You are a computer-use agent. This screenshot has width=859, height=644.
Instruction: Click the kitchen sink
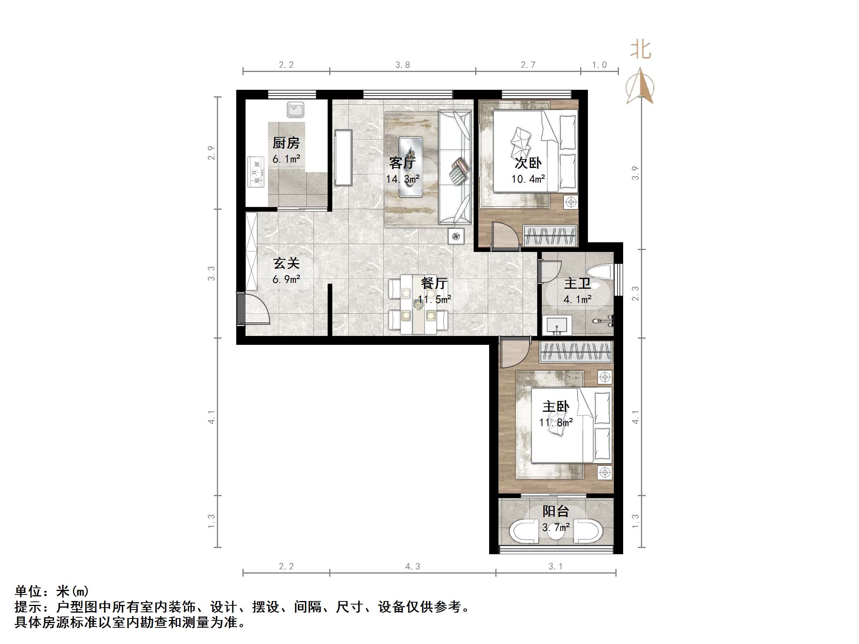[295, 110]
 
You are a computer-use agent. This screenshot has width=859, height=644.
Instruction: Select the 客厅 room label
[402, 163]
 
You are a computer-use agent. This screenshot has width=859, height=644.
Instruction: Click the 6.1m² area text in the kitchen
[286, 159]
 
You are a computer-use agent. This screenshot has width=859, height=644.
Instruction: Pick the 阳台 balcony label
[556, 511]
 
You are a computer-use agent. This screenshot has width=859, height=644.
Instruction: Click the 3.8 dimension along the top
[403, 65]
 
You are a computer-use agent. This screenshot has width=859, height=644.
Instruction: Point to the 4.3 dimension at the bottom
[412, 566]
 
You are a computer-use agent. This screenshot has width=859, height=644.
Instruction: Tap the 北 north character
[640, 50]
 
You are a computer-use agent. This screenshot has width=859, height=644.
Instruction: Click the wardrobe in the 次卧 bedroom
[550, 235]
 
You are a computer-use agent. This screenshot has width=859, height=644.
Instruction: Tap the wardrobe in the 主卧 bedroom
[576, 352]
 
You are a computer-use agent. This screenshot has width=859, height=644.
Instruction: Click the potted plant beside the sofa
[456, 236]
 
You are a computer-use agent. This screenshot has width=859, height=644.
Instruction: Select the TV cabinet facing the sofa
[343, 158]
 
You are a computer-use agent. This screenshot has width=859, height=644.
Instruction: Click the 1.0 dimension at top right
[599, 65]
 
